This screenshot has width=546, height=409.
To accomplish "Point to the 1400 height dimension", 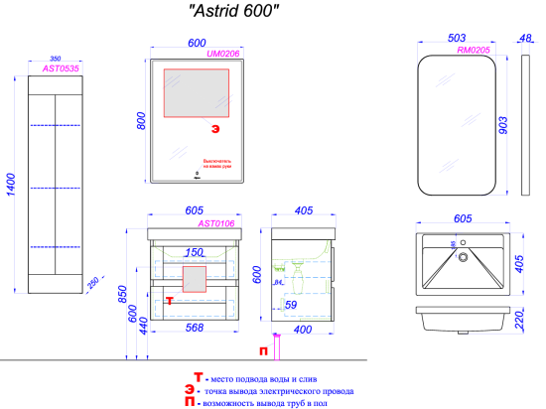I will [x=11, y=184].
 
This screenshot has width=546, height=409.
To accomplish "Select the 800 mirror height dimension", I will [x=141, y=120].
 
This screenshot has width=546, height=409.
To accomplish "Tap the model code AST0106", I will [x=215, y=223].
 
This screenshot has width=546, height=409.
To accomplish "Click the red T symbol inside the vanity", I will [x=170, y=299].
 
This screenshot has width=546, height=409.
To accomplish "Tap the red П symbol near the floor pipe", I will [x=262, y=350].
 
